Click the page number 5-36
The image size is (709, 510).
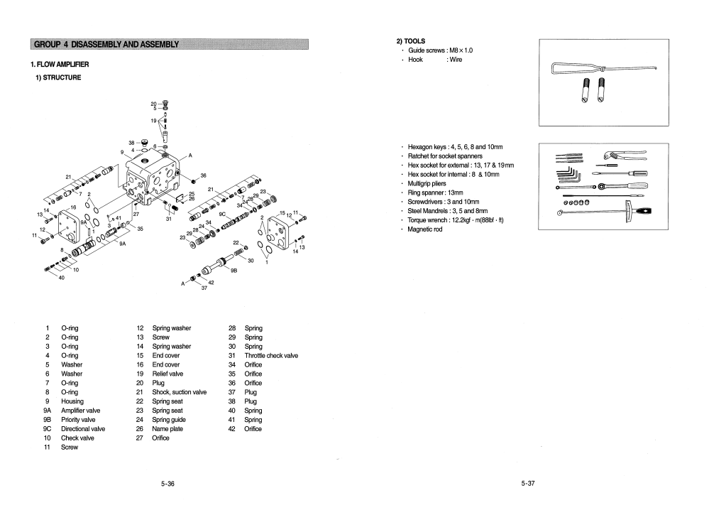coord(167,484)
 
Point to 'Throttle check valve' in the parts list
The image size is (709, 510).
coord(270,355)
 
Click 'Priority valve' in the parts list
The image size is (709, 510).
coord(78,420)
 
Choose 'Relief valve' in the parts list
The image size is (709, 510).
coord(167,374)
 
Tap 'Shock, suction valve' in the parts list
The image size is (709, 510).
coord(179,392)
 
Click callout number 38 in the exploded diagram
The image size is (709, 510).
coord(131,143)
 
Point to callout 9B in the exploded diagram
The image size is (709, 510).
coord(234,271)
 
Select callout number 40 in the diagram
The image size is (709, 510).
coord(61,277)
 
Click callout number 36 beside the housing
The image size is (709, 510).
coord(203,175)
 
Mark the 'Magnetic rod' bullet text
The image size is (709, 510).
coord(425,229)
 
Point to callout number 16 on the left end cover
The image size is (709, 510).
coord(73,207)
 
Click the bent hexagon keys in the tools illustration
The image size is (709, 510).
coord(568,175)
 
